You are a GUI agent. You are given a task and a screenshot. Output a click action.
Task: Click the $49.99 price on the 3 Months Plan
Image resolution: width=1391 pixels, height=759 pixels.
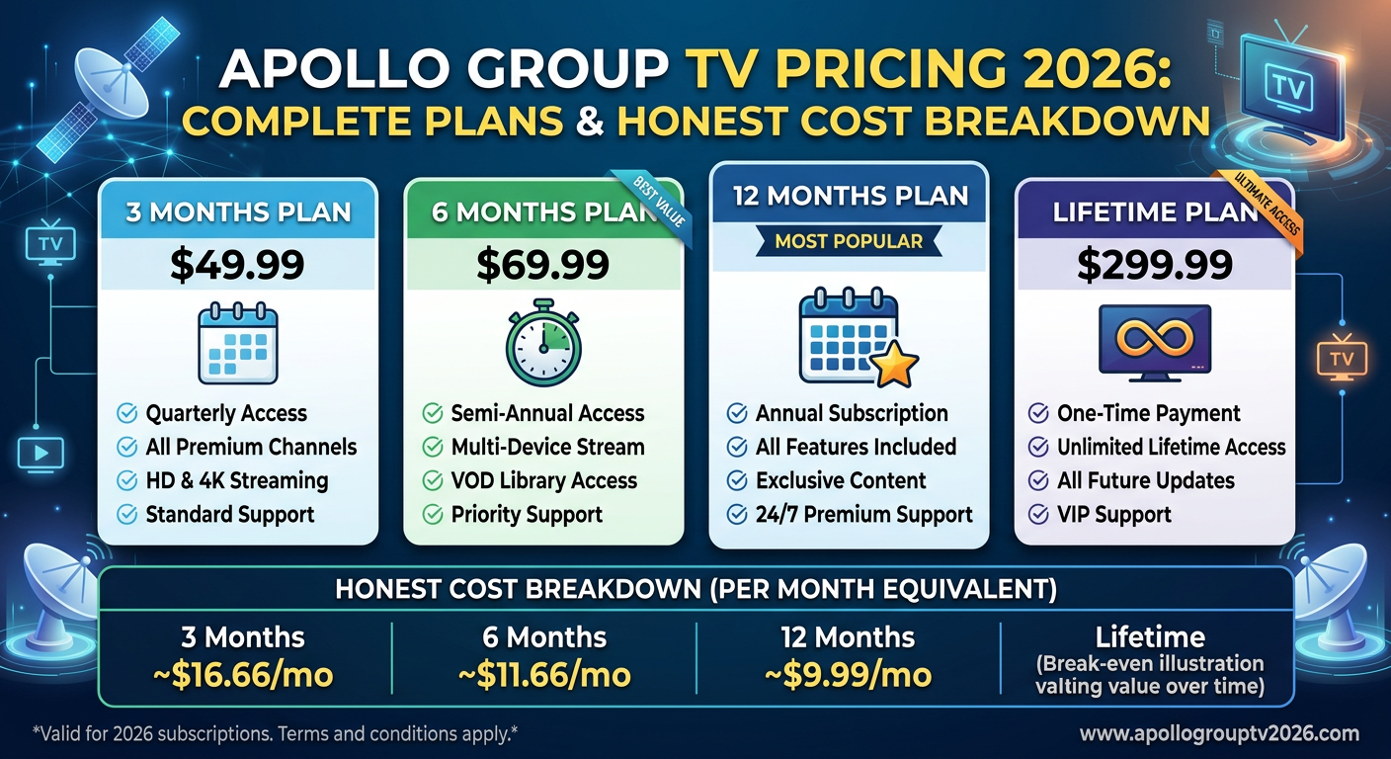point(237,265)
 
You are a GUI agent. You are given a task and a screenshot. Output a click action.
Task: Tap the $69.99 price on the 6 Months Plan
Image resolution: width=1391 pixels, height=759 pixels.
point(542,265)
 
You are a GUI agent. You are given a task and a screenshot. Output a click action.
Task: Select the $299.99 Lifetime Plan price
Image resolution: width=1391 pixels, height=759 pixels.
point(1154,265)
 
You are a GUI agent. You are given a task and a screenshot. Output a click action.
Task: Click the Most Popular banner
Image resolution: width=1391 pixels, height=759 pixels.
point(849,240)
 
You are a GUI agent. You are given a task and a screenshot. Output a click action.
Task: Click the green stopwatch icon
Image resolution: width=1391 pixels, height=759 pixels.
point(542,344)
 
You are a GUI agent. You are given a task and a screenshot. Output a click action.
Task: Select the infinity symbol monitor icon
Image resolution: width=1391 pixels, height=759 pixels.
point(1154,341)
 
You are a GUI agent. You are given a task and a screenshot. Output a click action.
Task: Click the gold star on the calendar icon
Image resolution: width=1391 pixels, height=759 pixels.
point(895,366)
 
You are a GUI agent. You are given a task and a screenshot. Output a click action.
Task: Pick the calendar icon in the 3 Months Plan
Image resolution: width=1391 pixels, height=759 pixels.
point(237,344)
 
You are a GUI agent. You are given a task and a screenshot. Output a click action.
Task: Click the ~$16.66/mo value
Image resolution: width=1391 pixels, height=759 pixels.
point(243,675)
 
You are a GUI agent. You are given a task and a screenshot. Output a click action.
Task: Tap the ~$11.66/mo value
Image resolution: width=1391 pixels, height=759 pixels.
point(544,675)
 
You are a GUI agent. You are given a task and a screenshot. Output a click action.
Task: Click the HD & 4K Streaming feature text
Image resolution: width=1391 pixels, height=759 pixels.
point(236,481)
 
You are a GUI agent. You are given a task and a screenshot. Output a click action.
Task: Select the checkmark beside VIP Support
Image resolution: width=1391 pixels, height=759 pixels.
point(1038,515)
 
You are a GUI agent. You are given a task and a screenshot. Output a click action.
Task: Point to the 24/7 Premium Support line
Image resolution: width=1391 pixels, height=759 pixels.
point(863,515)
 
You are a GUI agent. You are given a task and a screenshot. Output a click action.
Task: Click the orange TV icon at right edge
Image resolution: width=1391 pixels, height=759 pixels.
point(1341,358)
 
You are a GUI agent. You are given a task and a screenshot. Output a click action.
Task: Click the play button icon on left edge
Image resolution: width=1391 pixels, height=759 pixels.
point(41,454)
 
